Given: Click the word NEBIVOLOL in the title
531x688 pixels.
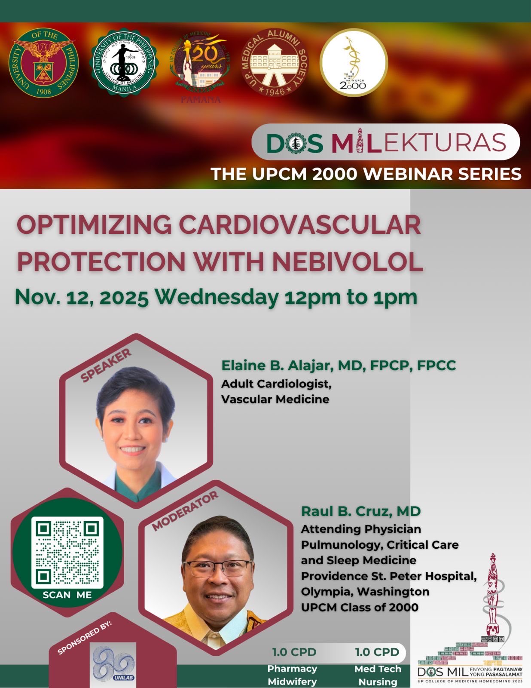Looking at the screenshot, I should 348,262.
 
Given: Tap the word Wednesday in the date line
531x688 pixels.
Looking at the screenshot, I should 216,297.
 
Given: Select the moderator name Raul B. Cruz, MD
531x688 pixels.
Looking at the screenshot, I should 360,511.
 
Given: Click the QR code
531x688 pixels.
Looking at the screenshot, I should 67,552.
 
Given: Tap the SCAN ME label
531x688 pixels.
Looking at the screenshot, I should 67,595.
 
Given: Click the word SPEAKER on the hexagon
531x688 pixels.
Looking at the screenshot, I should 106,366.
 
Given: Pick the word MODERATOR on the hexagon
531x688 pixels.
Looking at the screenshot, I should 185,511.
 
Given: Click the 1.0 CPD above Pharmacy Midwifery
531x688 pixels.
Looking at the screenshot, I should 294,652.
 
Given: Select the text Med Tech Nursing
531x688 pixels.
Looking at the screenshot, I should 378,675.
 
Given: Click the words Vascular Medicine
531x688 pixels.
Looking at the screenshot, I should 275,399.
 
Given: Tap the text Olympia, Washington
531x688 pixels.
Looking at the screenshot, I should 365,592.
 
